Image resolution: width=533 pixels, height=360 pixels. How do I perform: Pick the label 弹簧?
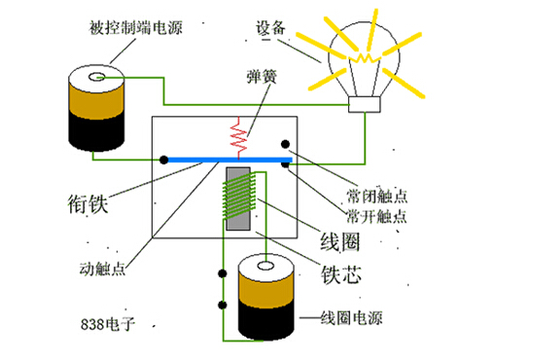[x=263, y=75]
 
